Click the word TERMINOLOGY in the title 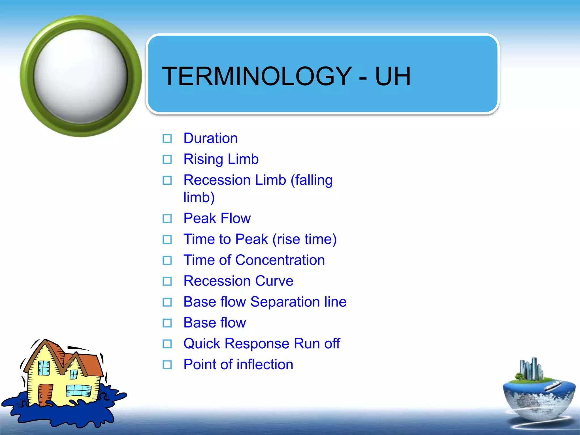coord(257,76)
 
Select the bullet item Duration coord(210,138)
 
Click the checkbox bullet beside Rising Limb coord(167,159)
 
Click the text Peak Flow coord(217,218)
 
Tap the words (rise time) coord(304,239)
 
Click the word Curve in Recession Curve coord(274,281)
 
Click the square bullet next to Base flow coord(167,323)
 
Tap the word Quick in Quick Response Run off coord(202,344)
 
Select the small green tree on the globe coord(519,377)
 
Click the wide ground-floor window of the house coord(78,391)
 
